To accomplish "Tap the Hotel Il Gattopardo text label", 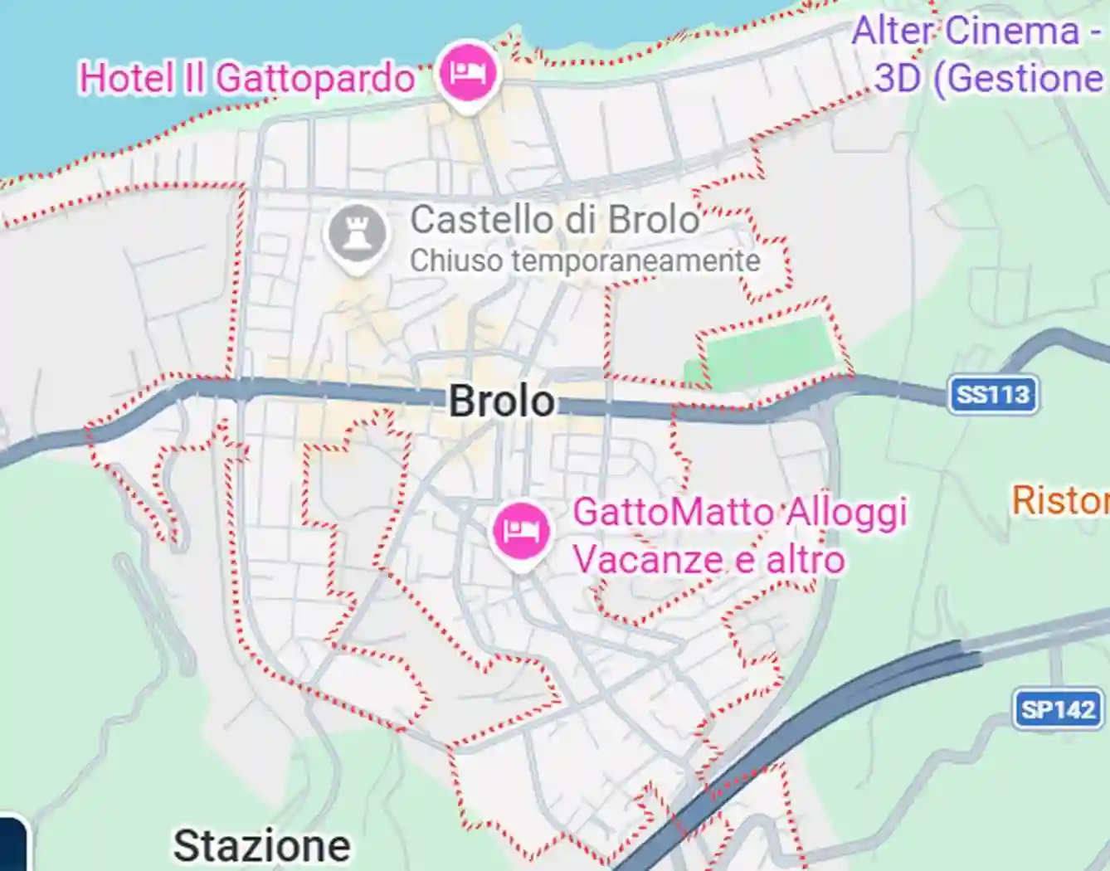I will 246,79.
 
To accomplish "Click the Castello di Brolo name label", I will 555,220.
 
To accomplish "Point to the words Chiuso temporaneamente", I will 585,261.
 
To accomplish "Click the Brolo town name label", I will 502,401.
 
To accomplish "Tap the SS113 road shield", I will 993,394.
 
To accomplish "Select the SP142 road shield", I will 1058,710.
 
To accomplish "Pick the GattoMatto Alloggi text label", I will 739,512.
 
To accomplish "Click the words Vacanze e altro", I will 708,559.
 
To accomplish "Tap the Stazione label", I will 261,846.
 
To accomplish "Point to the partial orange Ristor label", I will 1060,500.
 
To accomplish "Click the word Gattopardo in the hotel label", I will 315,79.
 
